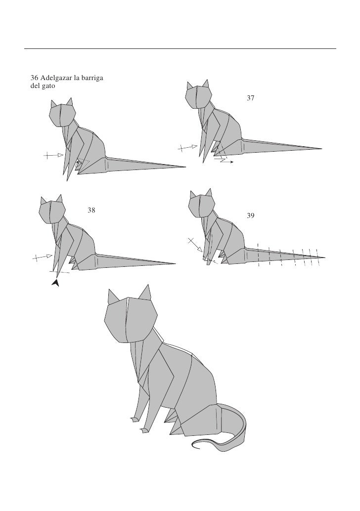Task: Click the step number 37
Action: click(x=251, y=99)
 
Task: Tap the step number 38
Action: click(x=91, y=211)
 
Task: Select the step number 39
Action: click(x=251, y=216)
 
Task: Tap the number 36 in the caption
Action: click(x=35, y=78)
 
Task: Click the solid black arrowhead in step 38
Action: click(x=56, y=283)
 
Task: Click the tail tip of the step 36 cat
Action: click(x=185, y=167)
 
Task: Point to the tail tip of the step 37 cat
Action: click(x=322, y=148)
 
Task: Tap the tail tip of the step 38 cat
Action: click(x=175, y=263)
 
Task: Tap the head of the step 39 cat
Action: click(x=202, y=207)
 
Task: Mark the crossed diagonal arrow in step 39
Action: click(x=194, y=244)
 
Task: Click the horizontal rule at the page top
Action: click(x=180, y=49)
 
